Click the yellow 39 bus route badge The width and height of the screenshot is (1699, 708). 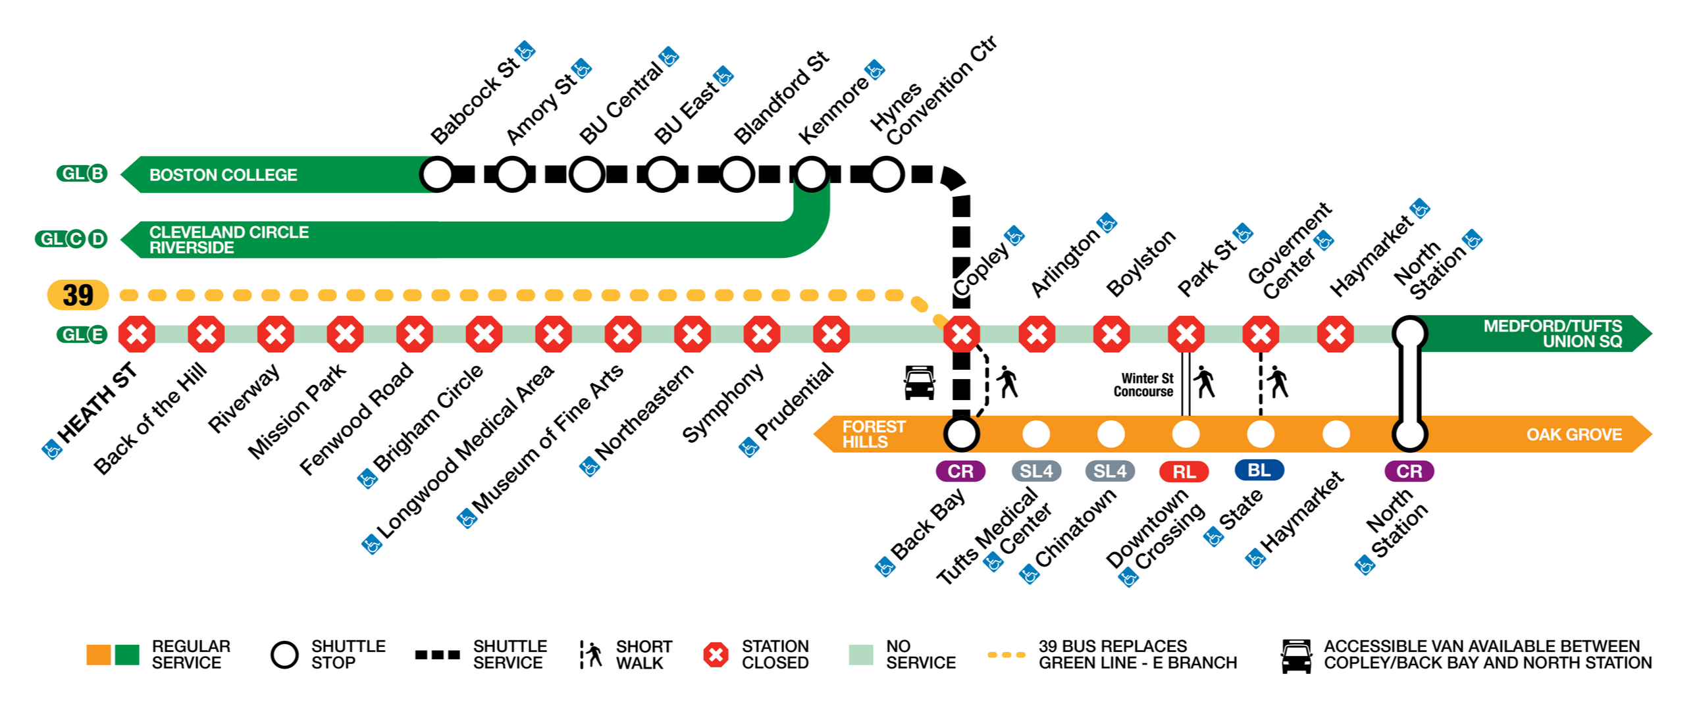click(x=78, y=295)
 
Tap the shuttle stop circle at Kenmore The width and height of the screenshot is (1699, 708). click(x=811, y=174)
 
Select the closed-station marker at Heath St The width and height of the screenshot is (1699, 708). click(x=136, y=334)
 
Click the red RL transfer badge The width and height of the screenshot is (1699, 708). click(x=1184, y=471)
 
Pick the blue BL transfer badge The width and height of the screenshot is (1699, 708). click(x=1259, y=470)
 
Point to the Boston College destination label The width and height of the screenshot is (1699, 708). click(x=223, y=174)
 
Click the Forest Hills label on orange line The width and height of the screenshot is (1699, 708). click(x=874, y=434)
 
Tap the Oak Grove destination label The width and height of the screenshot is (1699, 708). click(x=1574, y=434)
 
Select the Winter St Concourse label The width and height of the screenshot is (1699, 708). click(x=1143, y=385)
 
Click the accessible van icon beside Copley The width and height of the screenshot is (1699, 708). click(x=920, y=383)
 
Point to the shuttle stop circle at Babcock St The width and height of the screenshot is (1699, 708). click(x=436, y=174)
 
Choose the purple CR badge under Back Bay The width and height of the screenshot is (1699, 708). click(x=960, y=471)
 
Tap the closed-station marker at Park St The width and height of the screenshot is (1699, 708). click(x=1186, y=334)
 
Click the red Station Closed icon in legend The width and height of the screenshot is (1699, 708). click(x=716, y=655)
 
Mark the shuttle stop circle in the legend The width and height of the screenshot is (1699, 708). click(x=285, y=655)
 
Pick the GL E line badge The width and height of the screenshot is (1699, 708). click(x=82, y=335)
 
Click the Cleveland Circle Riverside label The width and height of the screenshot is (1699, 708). click(x=228, y=240)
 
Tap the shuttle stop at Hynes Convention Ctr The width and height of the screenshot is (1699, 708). click(x=887, y=174)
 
